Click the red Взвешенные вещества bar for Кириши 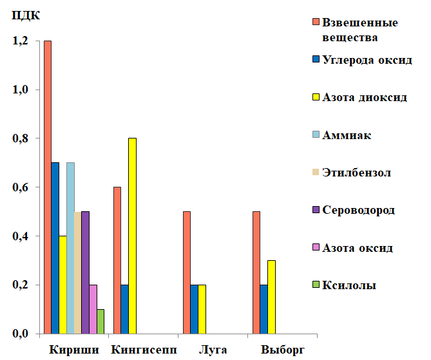coord(48,187)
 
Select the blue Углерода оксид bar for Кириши coord(55,248)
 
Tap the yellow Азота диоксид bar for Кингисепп coord(132,236)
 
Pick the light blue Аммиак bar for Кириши coord(70,248)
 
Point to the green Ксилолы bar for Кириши coord(101,321)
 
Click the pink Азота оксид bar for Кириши coord(93,309)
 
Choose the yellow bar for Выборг coord(271,297)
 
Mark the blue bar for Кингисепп coord(124,309)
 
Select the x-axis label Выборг coord(282,350)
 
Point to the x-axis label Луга coord(213,350)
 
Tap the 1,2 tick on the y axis coord(21,41)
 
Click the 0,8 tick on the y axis coord(21,138)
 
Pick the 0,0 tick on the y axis coord(21,334)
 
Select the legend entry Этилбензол coord(356,173)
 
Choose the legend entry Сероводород coord(358,210)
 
